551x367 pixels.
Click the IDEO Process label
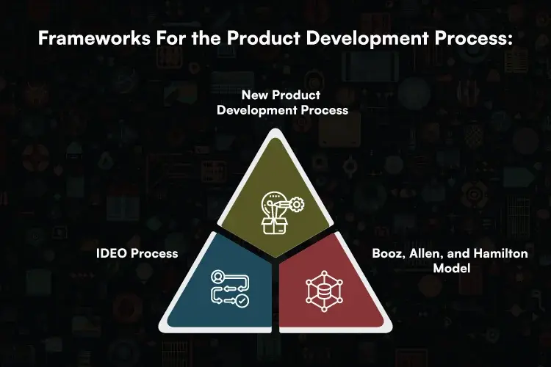(137, 253)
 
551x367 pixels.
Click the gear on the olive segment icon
(295, 205)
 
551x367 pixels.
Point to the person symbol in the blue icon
(217, 277)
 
